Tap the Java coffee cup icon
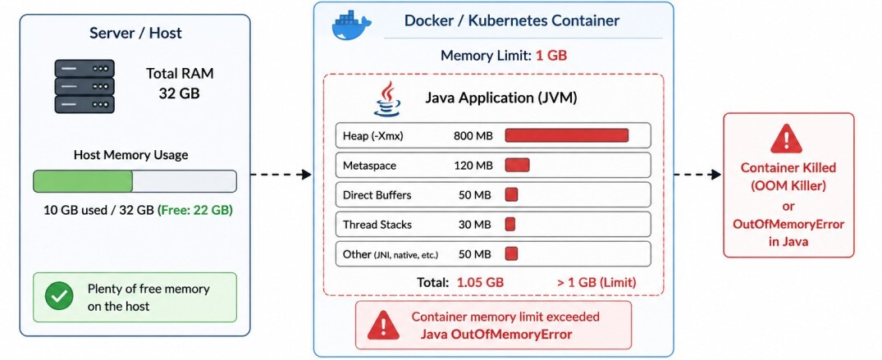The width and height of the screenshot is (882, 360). pos(387,99)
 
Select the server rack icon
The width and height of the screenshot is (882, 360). pos(85,86)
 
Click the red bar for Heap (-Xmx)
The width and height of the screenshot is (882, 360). pos(566,135)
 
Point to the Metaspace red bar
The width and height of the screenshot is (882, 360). pos(518,166)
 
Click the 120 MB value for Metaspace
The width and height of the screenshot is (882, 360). pos(473,166)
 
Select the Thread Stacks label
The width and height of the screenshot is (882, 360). pos(377,225)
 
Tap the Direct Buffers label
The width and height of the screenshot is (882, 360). pos(377,195)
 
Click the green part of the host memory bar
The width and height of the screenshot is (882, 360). pos(83,181)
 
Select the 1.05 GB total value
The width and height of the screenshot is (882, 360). pos(480,282)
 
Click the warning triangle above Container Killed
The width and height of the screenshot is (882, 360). pos(786,139)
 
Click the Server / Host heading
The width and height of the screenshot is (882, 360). pos(135,33)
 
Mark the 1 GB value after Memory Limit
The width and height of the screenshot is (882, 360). pos(551,56)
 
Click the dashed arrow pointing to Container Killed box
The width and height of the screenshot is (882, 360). pos(697,175)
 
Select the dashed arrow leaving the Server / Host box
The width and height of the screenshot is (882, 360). pos(281,175)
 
